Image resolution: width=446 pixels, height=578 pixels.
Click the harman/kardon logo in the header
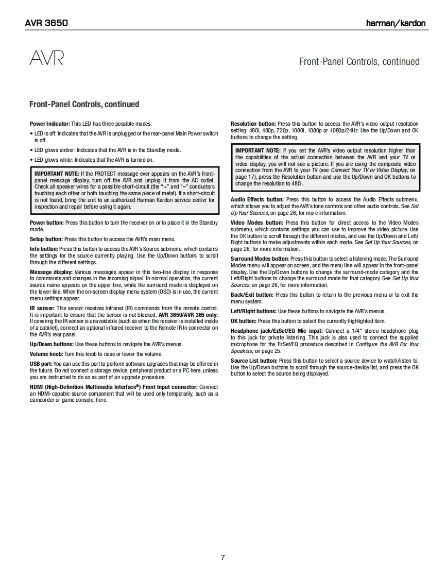tap(396, 23)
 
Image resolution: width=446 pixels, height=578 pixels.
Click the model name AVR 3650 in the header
tap(46, 23)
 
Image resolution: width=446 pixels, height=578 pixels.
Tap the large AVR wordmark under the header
tap(46, 58)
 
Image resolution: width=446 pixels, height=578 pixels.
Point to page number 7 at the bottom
tap(222, 557)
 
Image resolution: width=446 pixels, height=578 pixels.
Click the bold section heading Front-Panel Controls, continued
tap(84, 104)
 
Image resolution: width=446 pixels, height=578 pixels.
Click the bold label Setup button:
tap(46, 239)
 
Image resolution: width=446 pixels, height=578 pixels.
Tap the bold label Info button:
tap(44, 249)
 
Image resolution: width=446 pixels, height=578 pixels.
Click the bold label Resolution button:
tap(253, 124)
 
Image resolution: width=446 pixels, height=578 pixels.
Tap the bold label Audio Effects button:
tap(257, 199)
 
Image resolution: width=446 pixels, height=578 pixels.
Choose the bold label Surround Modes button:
tap(260, 259)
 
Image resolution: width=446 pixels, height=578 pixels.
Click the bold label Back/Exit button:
tap(252, 295)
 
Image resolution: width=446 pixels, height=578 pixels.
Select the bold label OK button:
tap(243, 321)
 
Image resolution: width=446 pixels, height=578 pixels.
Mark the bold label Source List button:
tap(254, 361)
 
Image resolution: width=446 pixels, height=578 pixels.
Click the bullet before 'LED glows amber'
tap(31, 150)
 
